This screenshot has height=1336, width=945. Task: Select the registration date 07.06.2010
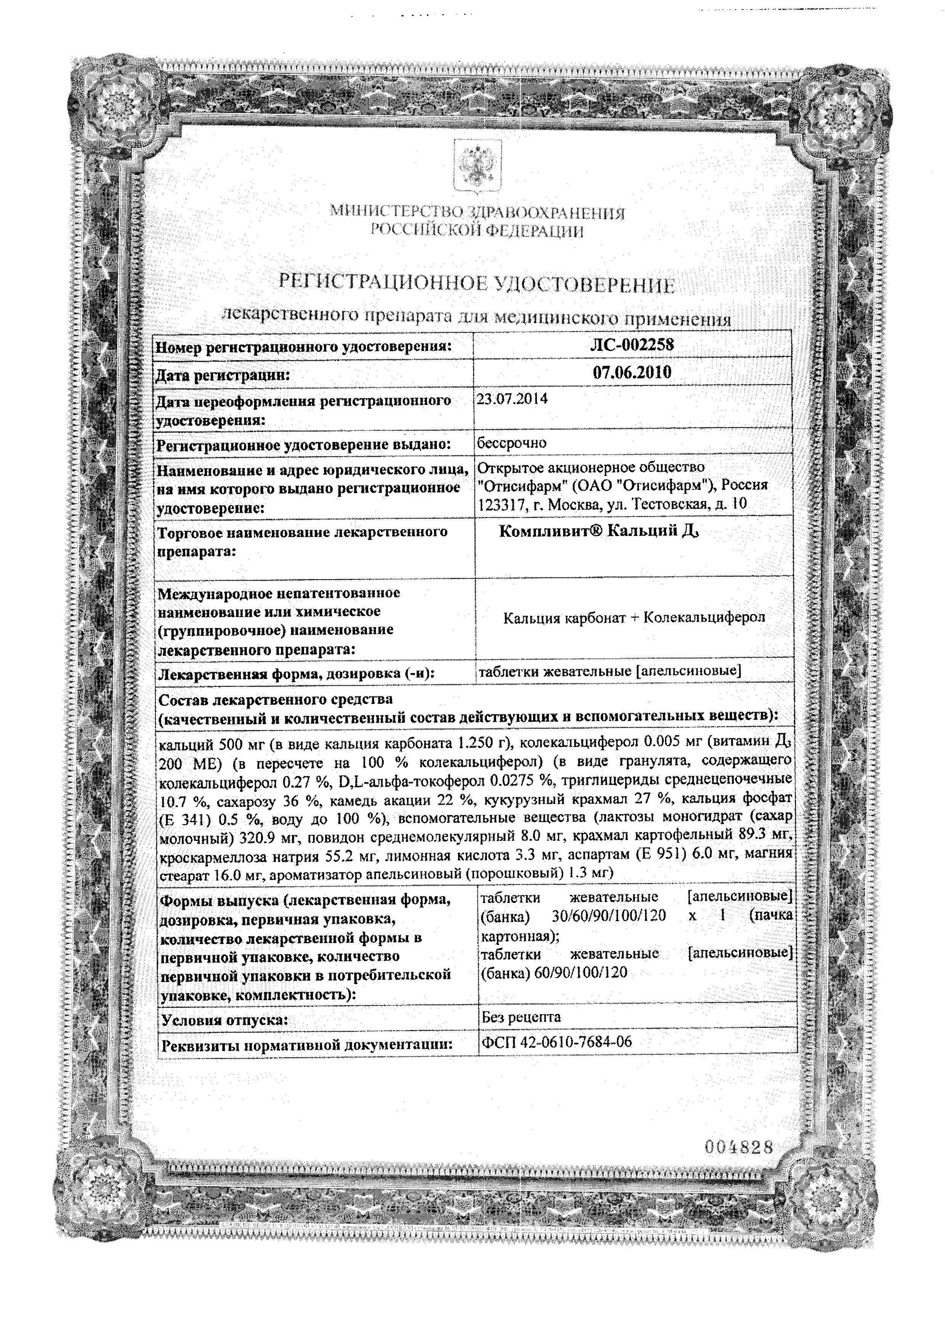tap(632, 373)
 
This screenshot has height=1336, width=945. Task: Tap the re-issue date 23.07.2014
tap(512, 400)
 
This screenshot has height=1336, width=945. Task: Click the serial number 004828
tap(738, 1147)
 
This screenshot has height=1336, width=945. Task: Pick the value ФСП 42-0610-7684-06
tap(556, 1042)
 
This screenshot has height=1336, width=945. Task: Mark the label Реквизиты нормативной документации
tap(307, 1045)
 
